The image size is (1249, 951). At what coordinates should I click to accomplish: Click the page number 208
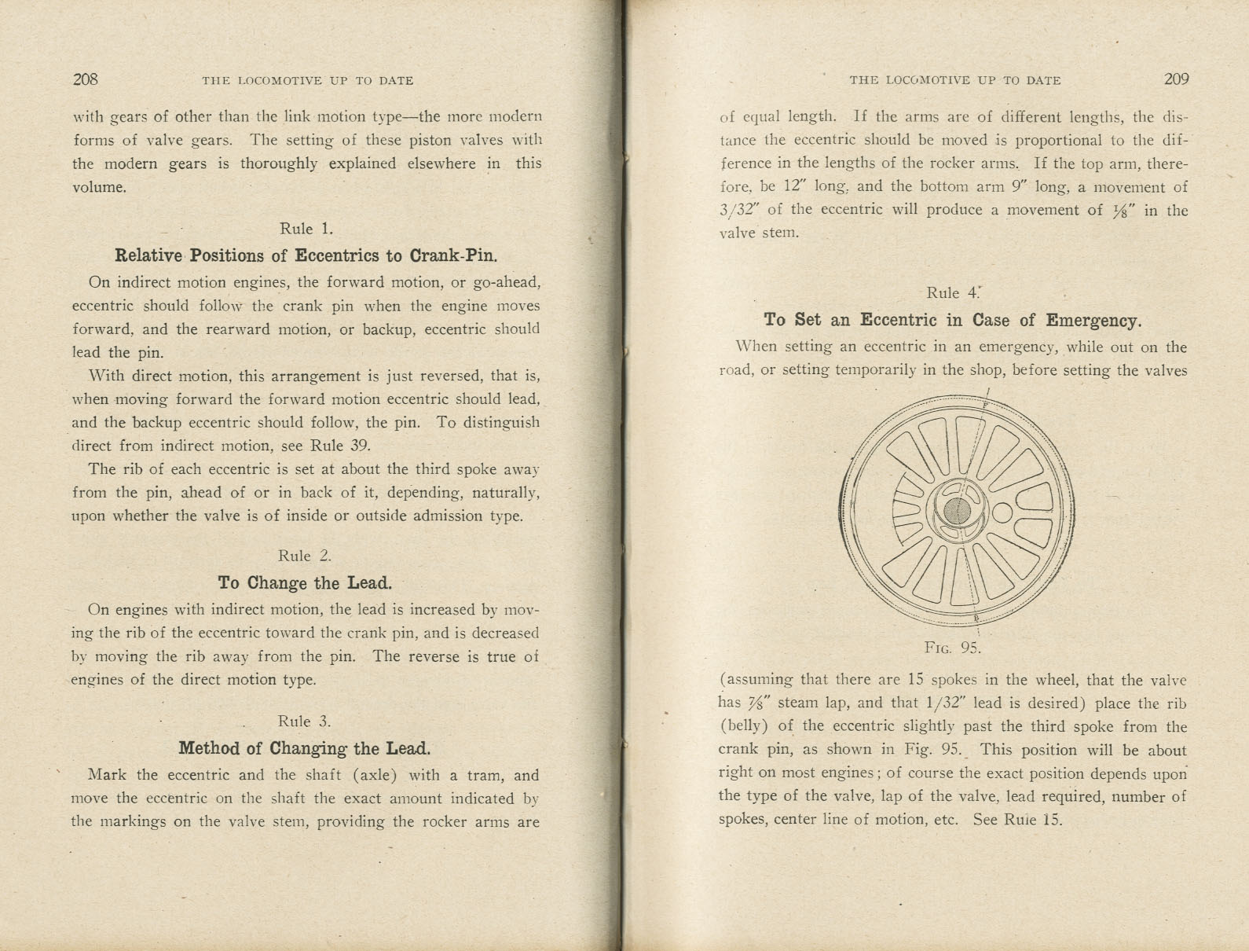click(85, 79)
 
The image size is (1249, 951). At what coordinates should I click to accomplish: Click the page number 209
click(1176, 79)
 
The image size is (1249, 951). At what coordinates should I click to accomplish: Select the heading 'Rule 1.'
click(306, 229)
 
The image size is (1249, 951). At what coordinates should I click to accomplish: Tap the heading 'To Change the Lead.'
click(304, 583)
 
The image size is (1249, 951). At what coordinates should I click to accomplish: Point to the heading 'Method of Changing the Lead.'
click(304, 748)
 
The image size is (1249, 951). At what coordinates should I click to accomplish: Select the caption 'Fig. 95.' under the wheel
click(952, 648)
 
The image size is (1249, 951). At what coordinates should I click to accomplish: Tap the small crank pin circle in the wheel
click(1002, 513)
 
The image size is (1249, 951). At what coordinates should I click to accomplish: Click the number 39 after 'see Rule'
click(360, 446)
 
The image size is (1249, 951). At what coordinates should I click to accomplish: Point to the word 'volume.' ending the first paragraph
click(99, 187)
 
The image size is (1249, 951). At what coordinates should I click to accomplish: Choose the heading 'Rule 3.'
click(304, 722)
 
